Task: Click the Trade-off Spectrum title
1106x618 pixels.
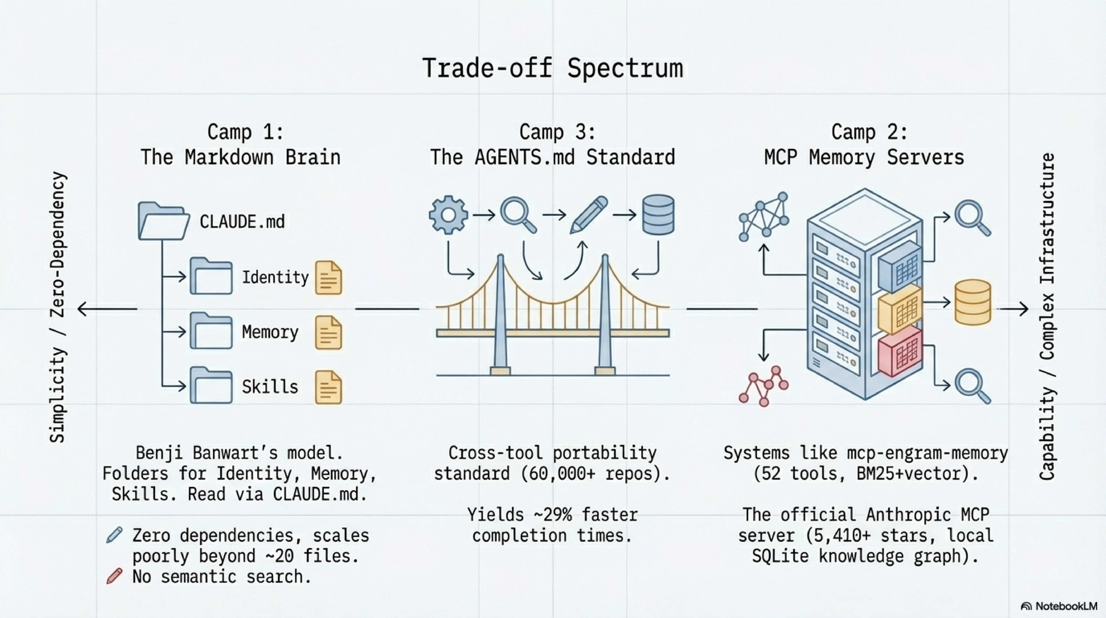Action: tap(553, 68)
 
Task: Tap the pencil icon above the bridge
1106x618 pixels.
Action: tap(588, 215)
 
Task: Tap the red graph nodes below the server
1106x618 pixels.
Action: tap(763, 386)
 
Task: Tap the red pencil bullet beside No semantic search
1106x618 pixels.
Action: tap(114, 576)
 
